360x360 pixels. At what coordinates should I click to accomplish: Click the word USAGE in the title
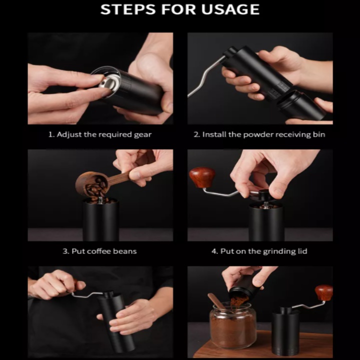(230, 9)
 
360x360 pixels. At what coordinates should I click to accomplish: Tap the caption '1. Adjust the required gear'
(100, 134)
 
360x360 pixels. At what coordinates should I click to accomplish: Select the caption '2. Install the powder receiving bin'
(259, 134)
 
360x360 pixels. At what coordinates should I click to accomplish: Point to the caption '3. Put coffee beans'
(99, 251)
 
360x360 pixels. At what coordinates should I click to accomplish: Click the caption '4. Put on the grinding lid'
(259, 251)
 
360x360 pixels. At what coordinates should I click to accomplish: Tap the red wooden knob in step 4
(202, 177)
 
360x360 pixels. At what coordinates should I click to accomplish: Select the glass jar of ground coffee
(232, 325)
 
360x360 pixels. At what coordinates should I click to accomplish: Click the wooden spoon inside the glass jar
(217, 301)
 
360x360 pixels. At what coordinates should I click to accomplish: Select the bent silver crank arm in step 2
(206, 76)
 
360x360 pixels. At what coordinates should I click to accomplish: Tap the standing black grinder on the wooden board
(286, 330)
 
